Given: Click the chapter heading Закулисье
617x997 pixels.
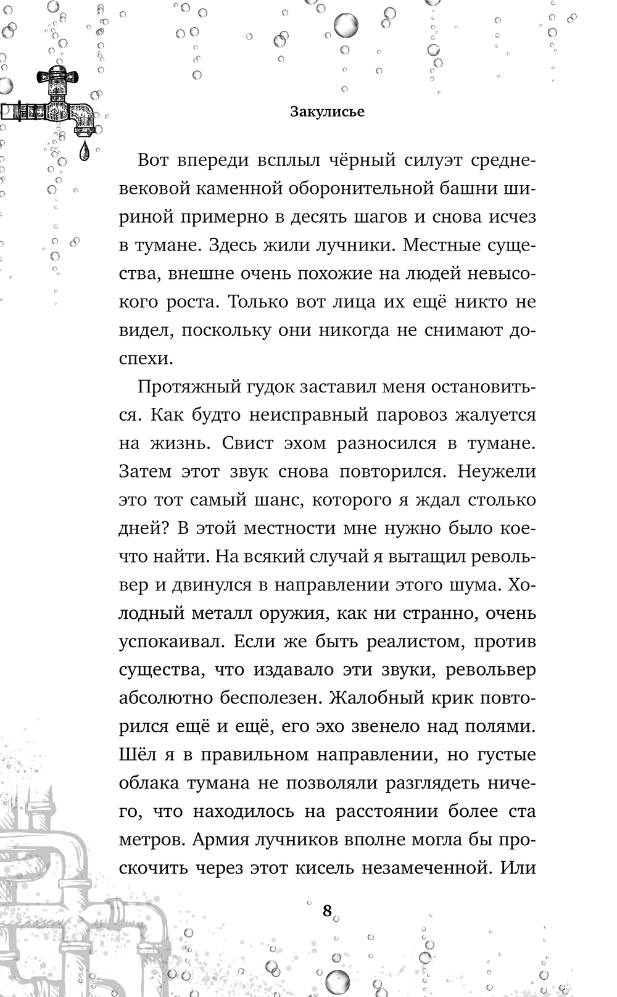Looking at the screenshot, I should click(327, 112).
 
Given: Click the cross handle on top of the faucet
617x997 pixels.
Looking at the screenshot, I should click(59, 76).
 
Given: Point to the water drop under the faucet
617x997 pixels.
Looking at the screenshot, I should click(85, 152).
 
